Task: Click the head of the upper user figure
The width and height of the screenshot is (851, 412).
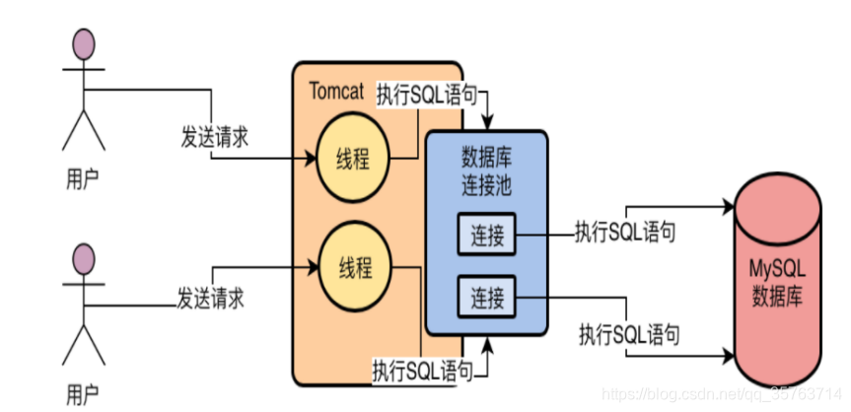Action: (x=85, y=44)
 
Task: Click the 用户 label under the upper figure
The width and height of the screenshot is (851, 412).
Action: (x=83, y=177)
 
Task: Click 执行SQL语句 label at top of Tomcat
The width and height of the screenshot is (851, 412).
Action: (x=427, y=96)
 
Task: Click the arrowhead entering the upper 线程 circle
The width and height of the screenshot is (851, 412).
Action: (x=311, y=157)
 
